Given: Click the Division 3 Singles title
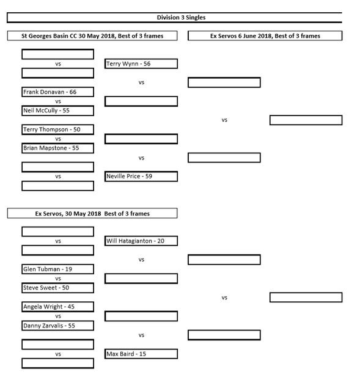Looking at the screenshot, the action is click(181, 18).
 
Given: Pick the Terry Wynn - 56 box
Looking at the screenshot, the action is click(141, 64).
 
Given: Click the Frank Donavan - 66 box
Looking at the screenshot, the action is click(58, 92).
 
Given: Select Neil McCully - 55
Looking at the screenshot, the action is click(58, 111).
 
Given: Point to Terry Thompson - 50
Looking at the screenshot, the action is click(58, 130).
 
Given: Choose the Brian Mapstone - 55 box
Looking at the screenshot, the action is click(58, 148).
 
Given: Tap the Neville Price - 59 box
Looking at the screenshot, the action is click(141, 177).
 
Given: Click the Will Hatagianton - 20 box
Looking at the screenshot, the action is click(141, 241).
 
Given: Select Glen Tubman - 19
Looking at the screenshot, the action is click(58, 269).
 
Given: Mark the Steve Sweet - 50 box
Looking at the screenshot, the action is click(58, 288).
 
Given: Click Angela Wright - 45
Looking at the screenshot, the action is click(58, 307).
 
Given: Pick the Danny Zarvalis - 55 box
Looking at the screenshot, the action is click(58, 326).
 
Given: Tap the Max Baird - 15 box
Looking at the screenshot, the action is click(141, 354).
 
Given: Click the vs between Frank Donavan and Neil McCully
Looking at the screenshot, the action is click(58, 101).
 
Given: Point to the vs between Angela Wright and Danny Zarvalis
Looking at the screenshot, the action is click(58, 316).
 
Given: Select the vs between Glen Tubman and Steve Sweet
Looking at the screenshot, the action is click(58, 279).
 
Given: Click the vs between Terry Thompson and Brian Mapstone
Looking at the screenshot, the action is click(58, 139).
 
